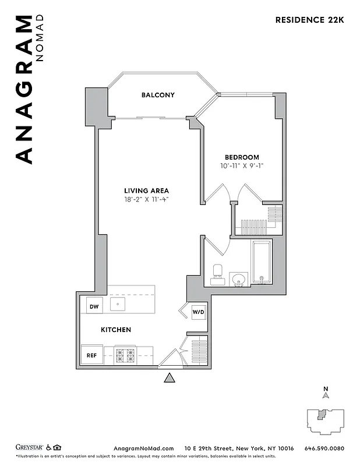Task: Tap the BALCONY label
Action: point(158,95)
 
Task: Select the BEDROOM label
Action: point(242,157)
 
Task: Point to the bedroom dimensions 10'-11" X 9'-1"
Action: point(242,166)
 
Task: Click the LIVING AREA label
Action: point(146,190)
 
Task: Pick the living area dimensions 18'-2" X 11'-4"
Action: point(146,199)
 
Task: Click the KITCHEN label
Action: point(116,330)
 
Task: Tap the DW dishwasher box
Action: point(93,305)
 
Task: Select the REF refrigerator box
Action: point(92,355)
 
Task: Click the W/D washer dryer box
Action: point(199,312)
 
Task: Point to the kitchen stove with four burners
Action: point(126,354)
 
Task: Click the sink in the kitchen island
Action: point(119,303)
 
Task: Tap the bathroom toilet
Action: point(217,273)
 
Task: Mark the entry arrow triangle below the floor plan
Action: point(170,379)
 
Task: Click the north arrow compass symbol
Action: point(326,394)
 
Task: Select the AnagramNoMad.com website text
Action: point(143,448)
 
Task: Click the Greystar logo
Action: point(29,448)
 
